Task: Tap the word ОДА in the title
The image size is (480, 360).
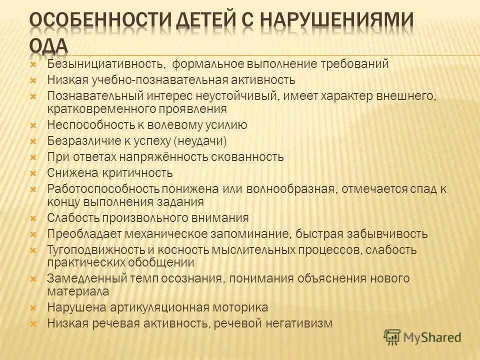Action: (48, 46)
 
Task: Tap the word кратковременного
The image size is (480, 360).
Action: (99, 108)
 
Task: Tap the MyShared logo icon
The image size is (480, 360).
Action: (392, 337)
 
